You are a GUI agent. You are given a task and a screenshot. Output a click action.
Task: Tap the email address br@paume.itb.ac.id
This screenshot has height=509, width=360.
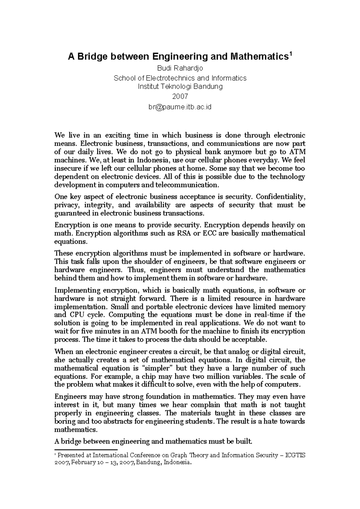180,107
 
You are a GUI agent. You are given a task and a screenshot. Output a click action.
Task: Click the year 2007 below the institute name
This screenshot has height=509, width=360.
180,97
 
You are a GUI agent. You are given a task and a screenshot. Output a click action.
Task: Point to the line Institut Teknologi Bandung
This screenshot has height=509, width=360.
180,87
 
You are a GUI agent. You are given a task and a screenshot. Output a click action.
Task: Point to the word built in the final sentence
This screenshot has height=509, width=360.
246,441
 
